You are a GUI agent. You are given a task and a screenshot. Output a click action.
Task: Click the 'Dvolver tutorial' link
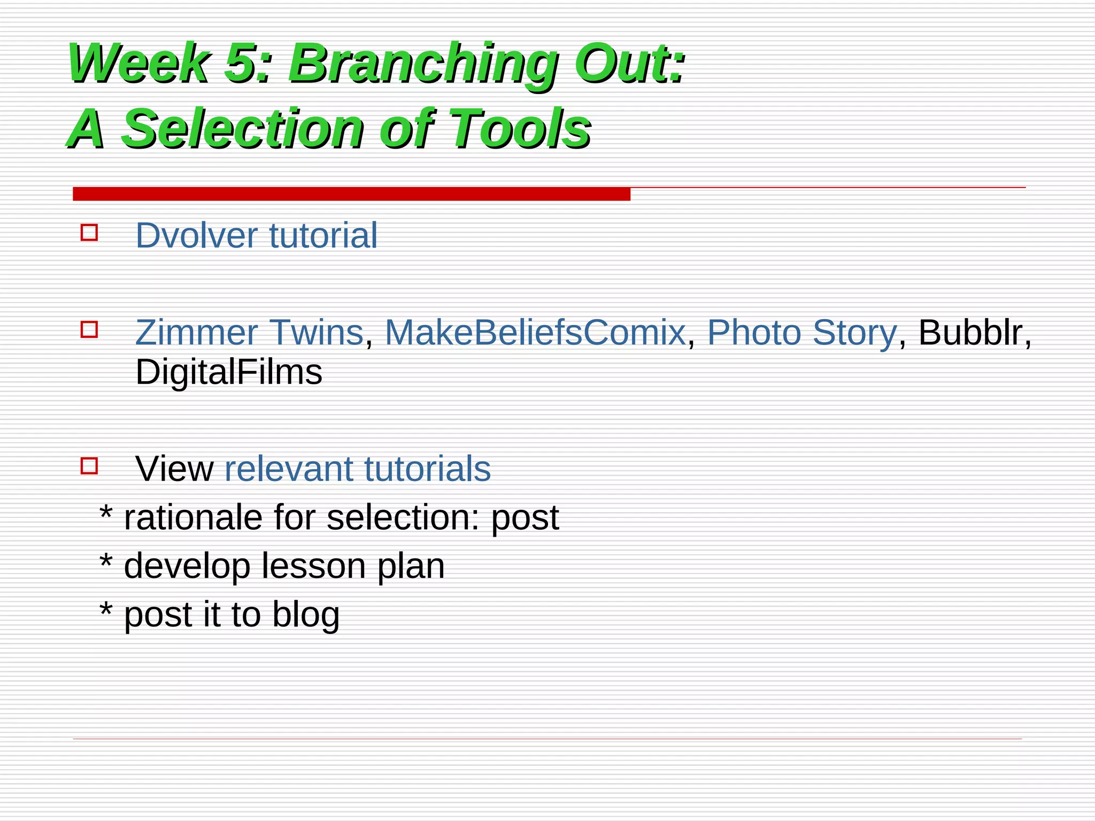pyautogui.click(x=256, y=235)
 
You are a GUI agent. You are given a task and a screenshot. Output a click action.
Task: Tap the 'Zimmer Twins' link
pyautogui.click(x=249, y=332)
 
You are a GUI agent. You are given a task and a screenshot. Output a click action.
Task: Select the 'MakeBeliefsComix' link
pyautogui.click(x=535, y=332)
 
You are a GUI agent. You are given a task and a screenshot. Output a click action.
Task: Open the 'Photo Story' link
pyautogui.click(x=801, y=332)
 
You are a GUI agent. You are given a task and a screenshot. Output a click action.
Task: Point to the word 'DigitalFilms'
pyautogui.click(x=229, y=373)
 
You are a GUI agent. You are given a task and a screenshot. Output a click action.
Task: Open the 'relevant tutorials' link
pyautogui.click(x=357, y=469)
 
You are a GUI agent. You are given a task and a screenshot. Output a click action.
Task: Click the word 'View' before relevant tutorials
pyautogui.click(x=174, y=469)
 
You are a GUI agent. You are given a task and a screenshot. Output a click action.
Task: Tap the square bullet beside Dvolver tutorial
pyautogui.click(x=89, y=233)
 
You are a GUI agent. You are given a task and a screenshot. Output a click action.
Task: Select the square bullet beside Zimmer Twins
pyautogui.click(x=89, y=329)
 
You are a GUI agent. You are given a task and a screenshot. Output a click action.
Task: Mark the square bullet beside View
pyautogui.click(x=89, y=466)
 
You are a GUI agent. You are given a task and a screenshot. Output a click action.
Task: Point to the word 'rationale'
pyautogui.click(x=193, y=517)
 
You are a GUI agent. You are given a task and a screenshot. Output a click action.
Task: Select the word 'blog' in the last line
pyautogui.click(x=306, y=615)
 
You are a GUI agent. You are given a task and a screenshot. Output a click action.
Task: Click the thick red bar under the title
pyautogui.click(x=351, y=194)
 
